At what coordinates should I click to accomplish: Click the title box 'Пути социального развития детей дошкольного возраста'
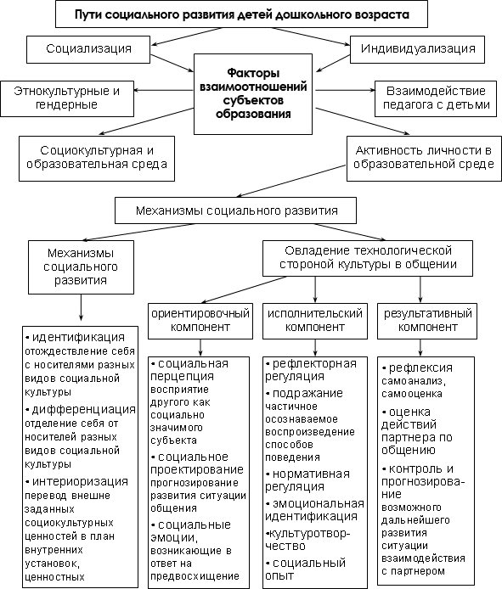point(241,14)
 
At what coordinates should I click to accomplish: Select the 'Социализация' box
point(88,49)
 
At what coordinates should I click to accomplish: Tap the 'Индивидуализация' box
point(417,49)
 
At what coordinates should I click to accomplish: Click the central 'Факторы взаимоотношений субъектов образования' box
point(253,94)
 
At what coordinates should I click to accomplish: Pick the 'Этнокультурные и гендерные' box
point(67,98)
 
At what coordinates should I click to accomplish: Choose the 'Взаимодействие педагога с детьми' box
point(436,98)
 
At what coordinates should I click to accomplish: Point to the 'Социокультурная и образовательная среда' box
point(97,159)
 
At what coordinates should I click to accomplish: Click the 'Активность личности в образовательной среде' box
point(424,159)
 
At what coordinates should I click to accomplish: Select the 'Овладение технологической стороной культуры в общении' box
point(368,259)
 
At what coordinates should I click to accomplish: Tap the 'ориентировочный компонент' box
point(200,321)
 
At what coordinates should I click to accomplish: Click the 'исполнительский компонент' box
point(315,321)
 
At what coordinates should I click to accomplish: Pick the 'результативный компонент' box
point(427,321)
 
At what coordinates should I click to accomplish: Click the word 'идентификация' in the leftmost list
point(79,337)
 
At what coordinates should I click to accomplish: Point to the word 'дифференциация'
point(84,409)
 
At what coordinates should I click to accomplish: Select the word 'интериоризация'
point(80,481)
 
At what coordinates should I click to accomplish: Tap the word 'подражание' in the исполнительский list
point(307,393)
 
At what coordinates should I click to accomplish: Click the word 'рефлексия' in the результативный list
point(420,367)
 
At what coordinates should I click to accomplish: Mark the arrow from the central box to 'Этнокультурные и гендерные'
point(164,90)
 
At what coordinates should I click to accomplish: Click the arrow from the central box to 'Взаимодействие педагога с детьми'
point(345,90)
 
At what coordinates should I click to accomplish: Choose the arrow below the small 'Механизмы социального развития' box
point(81,307)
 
